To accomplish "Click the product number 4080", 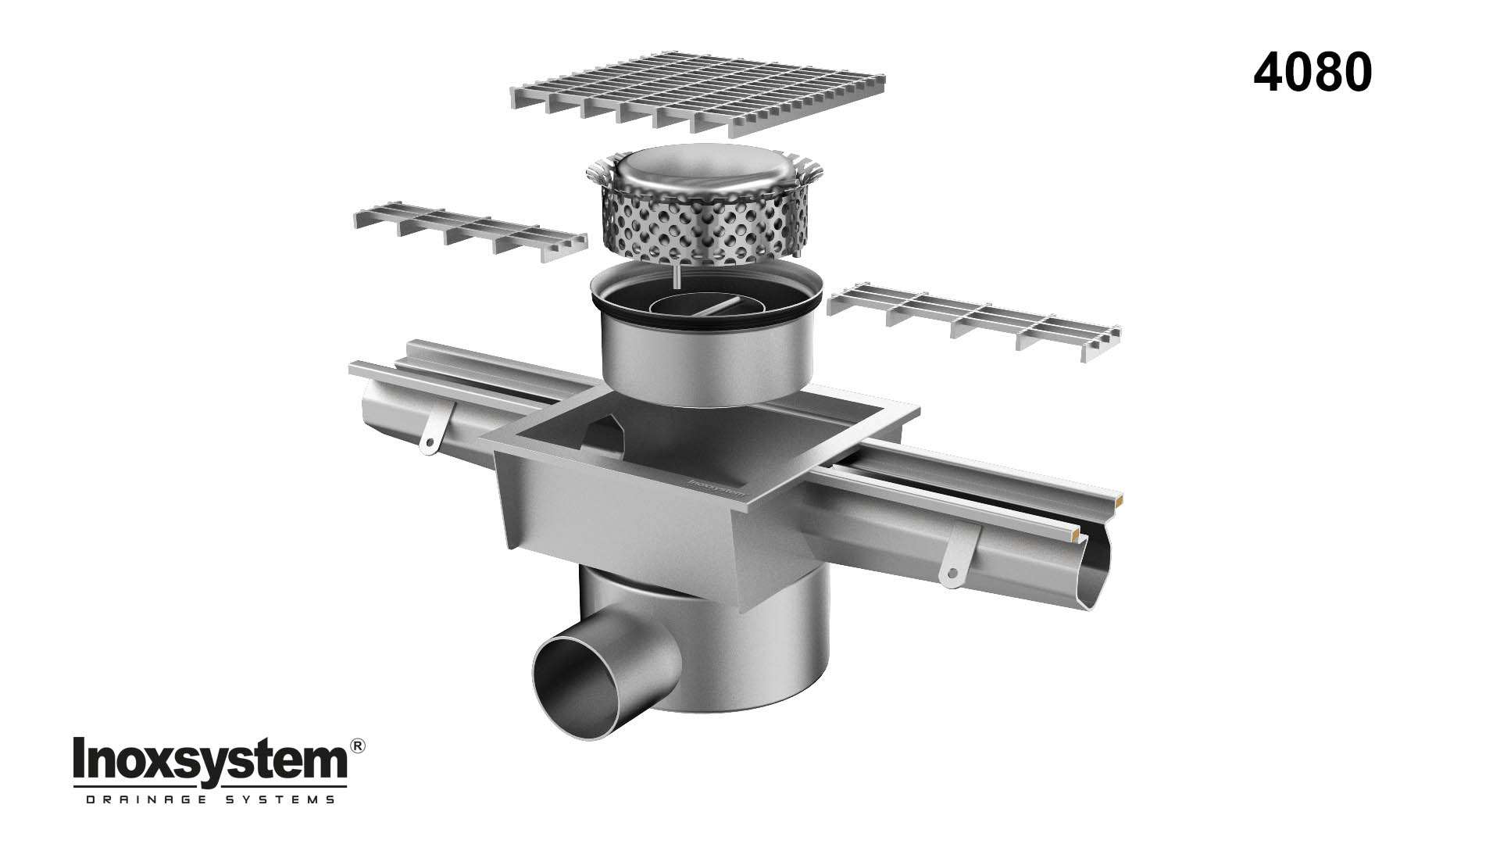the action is point(1312,74).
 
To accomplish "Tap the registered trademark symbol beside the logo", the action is point(357,747).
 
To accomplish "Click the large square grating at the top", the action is point(698,92).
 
